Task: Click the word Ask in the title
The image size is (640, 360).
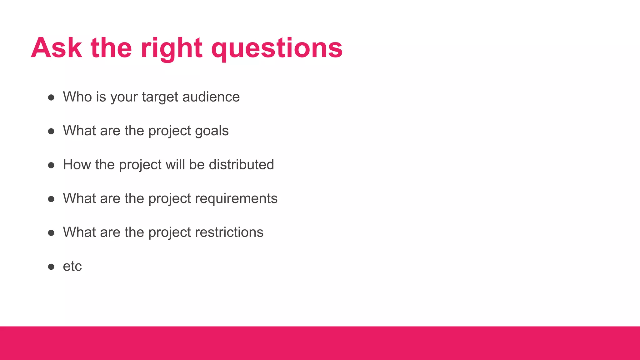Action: point(57,48)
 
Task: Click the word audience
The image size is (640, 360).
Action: point(211,97)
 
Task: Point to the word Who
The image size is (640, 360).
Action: point(77,97)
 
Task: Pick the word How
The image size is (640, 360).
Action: point(77,165)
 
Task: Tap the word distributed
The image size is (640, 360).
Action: point(241,165)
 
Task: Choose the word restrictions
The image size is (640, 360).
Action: point(229,232)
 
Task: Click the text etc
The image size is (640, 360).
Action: point(72,267)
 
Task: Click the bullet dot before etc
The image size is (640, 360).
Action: point(51,267)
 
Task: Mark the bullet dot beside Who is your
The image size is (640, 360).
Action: point(51,97)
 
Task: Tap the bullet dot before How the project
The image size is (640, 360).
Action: point(51,165)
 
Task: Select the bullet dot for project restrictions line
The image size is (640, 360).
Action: point(51,233)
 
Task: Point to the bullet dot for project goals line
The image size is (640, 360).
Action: point(51,131)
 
